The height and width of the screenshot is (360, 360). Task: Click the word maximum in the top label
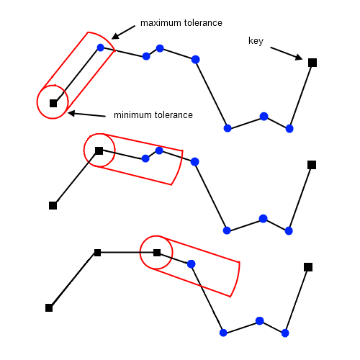[161, 23]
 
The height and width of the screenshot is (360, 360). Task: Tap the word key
[256, 41]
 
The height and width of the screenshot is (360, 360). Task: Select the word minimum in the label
[132, 115]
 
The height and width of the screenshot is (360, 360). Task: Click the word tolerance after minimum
[174, 115]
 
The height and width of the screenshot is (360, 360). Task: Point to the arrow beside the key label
[287, 53]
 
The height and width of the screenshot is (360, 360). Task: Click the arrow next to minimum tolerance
[86, 114]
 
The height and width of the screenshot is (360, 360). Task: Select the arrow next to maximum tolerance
[123, 32]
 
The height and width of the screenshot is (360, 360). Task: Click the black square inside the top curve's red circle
[53, 104]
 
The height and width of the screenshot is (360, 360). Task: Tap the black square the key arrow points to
[312, 63]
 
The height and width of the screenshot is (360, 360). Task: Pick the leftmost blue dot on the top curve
[101, 48]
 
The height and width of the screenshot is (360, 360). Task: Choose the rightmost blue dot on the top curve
[289, 129]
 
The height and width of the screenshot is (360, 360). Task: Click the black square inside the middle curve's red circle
[99, 151]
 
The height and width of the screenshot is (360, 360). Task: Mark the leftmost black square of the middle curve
[53, 206]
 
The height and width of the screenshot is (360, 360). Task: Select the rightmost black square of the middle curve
[312, 165]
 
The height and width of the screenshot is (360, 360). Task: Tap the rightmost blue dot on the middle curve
[289, 231]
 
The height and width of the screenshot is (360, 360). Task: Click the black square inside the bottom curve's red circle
[157, 253]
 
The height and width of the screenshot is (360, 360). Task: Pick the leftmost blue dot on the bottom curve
[191, 264]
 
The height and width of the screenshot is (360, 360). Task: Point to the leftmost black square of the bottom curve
[49, 308]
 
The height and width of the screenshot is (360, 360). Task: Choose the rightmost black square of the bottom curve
[308, 267]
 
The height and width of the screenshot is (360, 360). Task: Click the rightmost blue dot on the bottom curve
[285, 333]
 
